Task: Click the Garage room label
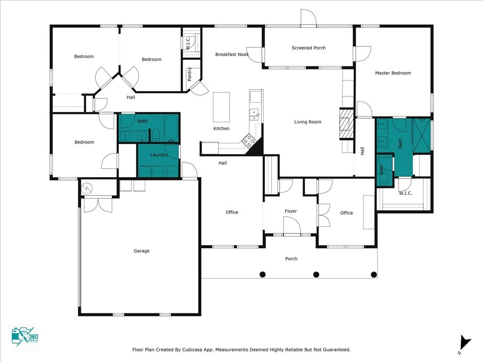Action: click(142, 251)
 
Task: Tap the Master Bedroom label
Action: click(393, 73)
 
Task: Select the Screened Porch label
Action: click(308, 48)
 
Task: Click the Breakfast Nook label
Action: click(232, 55)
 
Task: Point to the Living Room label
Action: click(308, 122)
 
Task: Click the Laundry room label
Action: click(159, 155)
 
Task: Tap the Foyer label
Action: click(291, 211)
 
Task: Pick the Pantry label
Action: click(189, 74)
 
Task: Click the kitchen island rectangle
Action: click(222, 107)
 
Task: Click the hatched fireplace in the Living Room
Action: click(347, 124)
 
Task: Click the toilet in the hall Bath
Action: click(156, 135)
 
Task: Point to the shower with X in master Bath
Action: click(421, 135)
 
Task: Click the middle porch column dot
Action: click(316, 274)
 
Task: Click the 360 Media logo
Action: click(25, 337)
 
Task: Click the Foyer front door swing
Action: click(291, 225)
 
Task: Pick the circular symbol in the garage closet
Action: click(87, 188)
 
